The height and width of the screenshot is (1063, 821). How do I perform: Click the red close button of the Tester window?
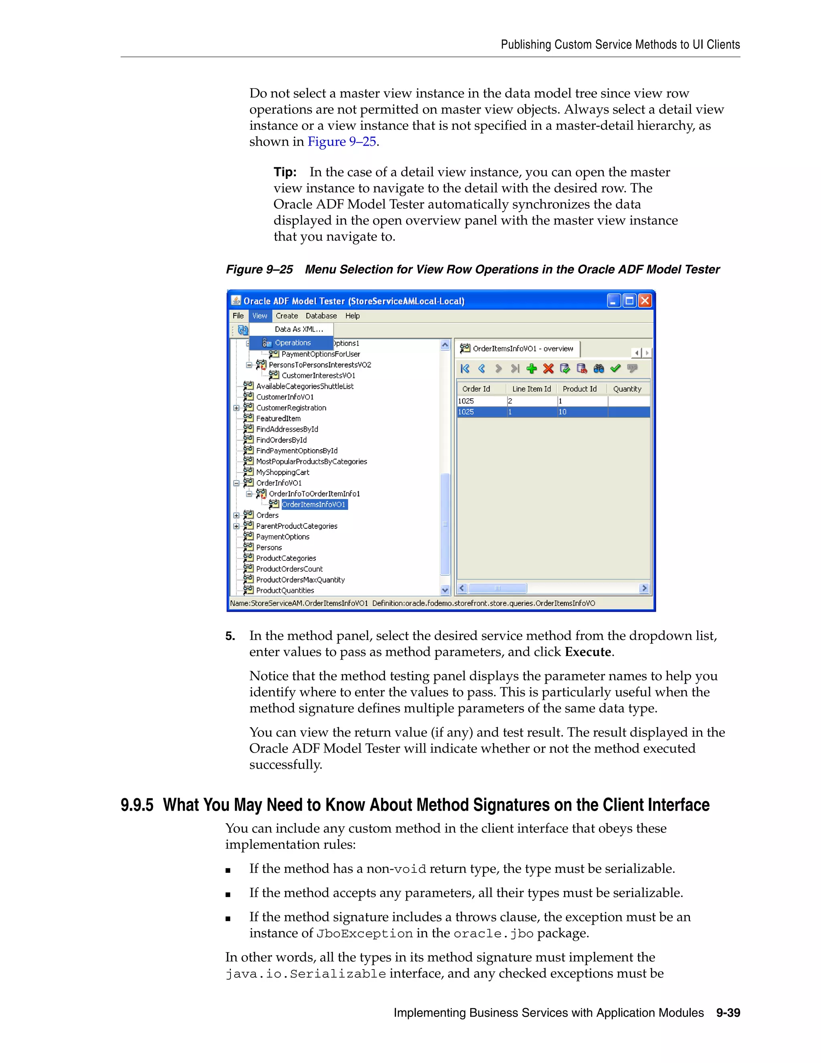pyautogui.click(x=645, y=301)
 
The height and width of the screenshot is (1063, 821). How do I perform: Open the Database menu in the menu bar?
pyautogui.click(x=321, y=316)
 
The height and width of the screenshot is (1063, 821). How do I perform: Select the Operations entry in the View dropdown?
pyautogui.click(x=292, y=343)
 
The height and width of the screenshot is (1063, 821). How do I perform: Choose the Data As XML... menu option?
pyautogui.click(x=299, y=329)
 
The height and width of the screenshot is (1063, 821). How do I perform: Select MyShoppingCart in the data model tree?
pyautogui.click(x=283, y=472)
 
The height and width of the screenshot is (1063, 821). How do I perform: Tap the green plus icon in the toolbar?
pyautogui.click(x=532, y=369)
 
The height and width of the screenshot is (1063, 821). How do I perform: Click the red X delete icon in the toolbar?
pyautogui.click(x=548, y=369)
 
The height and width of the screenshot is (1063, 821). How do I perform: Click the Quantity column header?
pyautogui.click(x=627, y=389)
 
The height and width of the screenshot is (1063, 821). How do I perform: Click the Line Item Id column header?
pyautogui.click(x=531, y=389)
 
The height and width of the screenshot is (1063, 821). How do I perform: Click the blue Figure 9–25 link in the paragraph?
pyautogui.click(x=342, y=142)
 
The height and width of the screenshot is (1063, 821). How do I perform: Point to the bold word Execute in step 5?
pyautogui.click(x=588, y=652)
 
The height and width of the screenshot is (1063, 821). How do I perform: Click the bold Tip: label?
pyautogui.click(x=285, y=172)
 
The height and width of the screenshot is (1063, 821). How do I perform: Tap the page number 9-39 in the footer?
pyautogui.click(x=728, y=1012)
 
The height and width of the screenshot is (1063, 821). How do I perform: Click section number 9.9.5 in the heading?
pyautogui.click(x=137, y=805)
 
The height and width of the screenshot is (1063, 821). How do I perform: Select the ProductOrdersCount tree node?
pyautogui.click(x=289, y=569)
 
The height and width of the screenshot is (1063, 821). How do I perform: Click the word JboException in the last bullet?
pyautogui.click(x=364, y=933)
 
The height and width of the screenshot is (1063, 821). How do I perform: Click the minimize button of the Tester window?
pyautogui.click(x=614, y=301)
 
